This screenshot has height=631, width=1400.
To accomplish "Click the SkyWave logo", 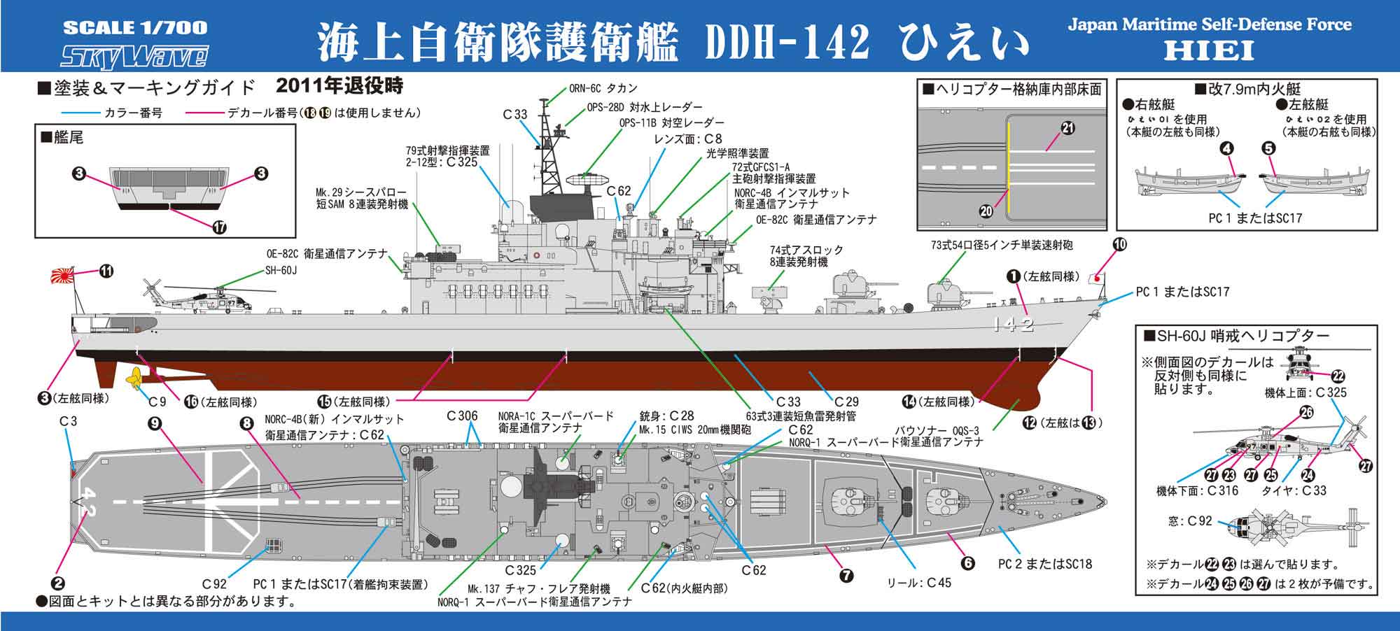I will point(135,56).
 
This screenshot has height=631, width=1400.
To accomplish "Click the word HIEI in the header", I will point(1209,50).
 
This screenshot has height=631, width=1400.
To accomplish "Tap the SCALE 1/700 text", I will point(135,28).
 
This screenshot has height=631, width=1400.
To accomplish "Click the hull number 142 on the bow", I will point(1012,324).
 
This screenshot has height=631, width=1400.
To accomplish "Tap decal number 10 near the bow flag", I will point(1119,244).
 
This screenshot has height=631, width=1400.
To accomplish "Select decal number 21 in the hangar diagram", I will point(1067,128).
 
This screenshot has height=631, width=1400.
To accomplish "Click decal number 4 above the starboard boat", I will point(1227,148).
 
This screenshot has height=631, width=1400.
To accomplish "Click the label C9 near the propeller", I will point(157,402).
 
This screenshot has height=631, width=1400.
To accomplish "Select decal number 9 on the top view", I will point(155,423).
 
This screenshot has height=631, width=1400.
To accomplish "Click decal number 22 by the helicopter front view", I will point(1338,376).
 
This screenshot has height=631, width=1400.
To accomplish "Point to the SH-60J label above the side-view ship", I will point(281,270).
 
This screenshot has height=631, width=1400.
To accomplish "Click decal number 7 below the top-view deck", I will point(846,576).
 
